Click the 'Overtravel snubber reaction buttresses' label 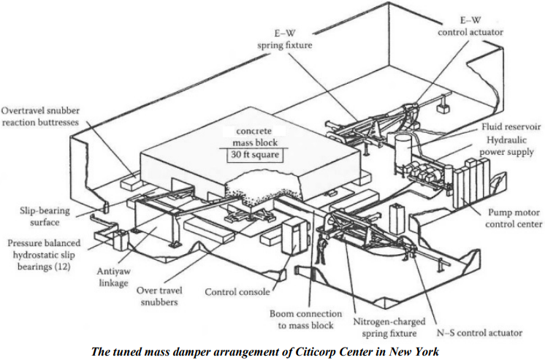tap(39, 116)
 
